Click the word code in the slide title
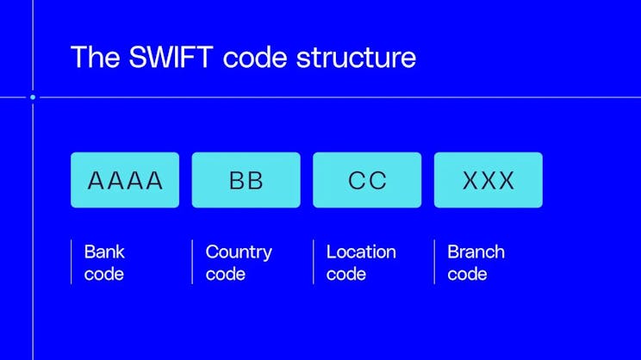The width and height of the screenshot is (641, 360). point(257,57)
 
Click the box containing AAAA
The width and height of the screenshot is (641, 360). point(125,180)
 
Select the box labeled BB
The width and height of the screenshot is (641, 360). point(246,180)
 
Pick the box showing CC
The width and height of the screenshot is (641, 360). point(367,180)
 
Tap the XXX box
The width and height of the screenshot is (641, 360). point(489,180)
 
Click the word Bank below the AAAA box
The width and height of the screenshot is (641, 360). point(104,252)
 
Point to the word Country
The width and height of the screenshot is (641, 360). point(239,252)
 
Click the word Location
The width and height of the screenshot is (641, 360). point(361,252)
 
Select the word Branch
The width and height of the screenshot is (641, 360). point(476,252)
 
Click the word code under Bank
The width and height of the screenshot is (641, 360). point(104,275)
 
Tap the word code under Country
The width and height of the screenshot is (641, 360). point(225,275)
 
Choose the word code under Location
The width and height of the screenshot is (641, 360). point(346,275)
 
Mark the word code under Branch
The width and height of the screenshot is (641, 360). point(467,275)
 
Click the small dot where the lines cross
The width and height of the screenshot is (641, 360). point(33,97)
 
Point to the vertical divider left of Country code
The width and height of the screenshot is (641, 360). point(192,262)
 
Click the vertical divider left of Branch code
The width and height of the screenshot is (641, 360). point(434,262)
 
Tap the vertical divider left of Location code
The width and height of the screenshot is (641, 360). point(314,262)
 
